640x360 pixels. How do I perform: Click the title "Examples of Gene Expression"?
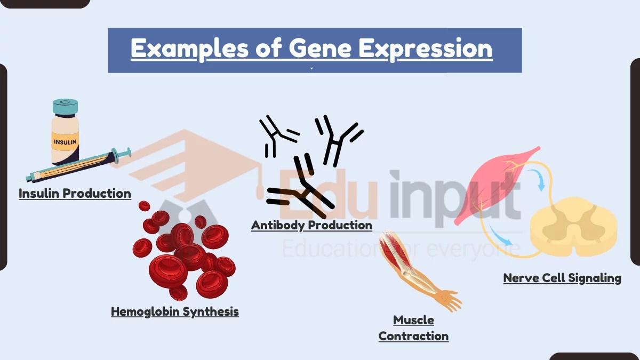coord(311,49)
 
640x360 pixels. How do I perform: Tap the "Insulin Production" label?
coord(75,193)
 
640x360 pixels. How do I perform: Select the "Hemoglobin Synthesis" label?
coord(174,311)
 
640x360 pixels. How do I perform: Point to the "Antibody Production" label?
coord(311,225)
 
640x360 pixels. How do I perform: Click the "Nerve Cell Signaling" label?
coord(562,278)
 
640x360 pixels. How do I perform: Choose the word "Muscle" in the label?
coord(413,320)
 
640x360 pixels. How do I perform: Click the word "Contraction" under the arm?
coord(413,336)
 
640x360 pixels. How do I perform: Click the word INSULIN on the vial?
coord(65,142)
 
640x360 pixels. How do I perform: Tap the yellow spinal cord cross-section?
coord(573,227)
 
